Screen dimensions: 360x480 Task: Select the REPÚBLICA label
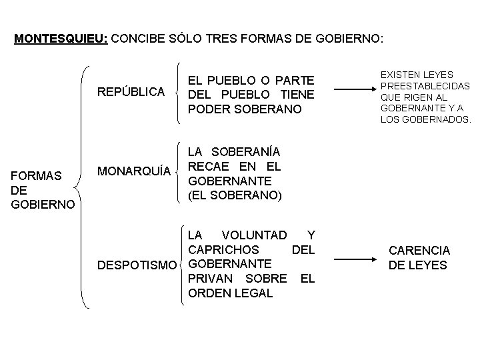(x=131, y=91)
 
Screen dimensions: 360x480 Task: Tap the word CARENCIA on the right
(x=419, y=251)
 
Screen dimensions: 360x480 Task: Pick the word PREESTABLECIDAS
(x=425, y=86)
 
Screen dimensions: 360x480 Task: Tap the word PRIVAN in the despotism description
(x=211, y=278)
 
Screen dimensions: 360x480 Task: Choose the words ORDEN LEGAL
(x=230, y=293)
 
